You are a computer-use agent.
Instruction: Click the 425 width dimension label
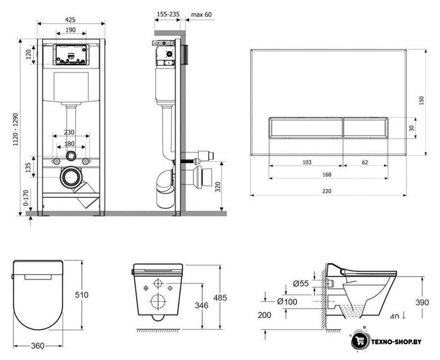click(x=70, y=20)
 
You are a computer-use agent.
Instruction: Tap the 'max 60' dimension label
click(x=201, y=14)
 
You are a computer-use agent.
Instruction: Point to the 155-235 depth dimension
click(x=168, y=14)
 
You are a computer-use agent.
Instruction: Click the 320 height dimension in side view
click(x=218, y=187)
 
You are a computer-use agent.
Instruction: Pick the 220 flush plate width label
click(x=327, y=191)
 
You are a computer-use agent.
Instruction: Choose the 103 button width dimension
click(x=307, y=162)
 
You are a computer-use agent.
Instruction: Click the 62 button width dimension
click(x=365, y=162)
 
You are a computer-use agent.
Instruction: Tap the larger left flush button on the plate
click(x=306, y=128)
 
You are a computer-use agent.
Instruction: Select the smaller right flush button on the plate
click(x=366, y=128)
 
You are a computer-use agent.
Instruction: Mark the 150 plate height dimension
click(x=421, y=101)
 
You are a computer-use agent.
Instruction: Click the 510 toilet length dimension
click(x=82, y=295)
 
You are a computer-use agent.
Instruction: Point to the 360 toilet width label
click(x=37, y=346)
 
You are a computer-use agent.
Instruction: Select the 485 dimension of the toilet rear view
click(x=220, y=298)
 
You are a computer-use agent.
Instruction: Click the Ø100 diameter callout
click(x=287, y=301)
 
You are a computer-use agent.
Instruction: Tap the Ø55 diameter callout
click(x=301, y=283)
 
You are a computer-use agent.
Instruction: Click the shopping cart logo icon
click(x=360, y=340)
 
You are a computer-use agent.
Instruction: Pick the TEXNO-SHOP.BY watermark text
click(x=396, y=341)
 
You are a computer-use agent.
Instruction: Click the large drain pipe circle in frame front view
click(x=71, y=177)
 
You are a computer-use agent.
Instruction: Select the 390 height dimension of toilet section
click(x=423, y=302)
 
